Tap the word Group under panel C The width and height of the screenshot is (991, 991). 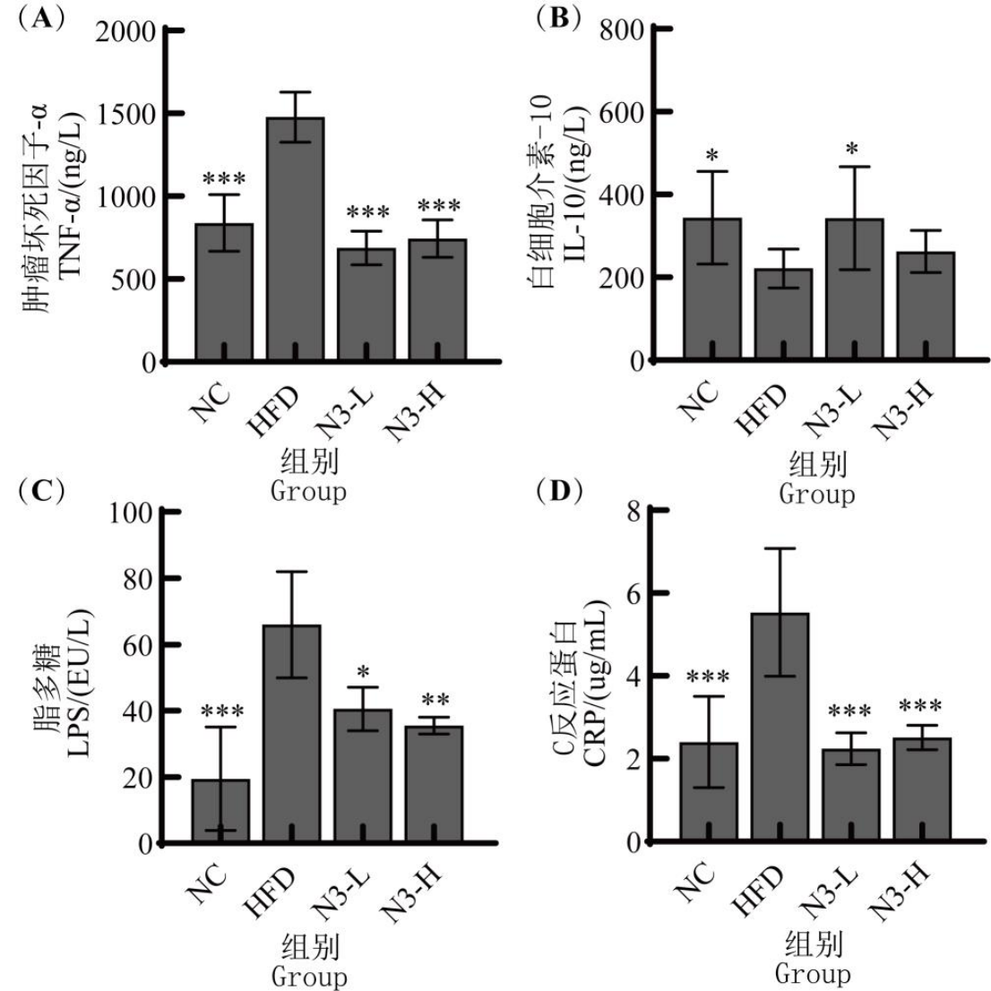(309, 973)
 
